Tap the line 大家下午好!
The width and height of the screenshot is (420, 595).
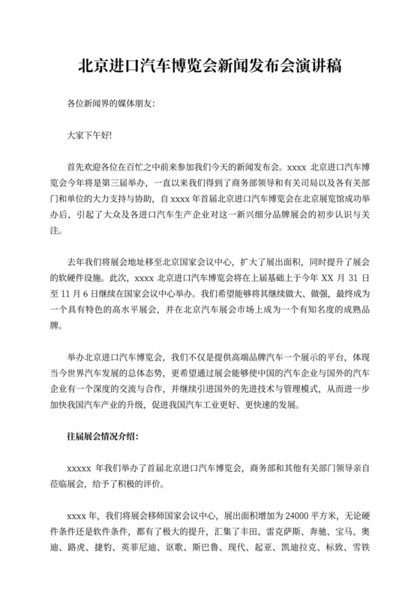pyautogui.click(x=89, y=135)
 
